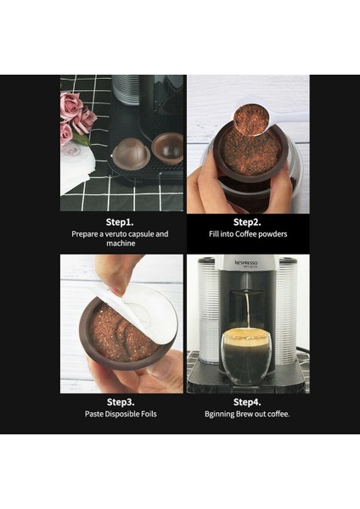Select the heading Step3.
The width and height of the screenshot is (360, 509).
pos(121,400)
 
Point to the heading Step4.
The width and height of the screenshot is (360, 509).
pos(247,400)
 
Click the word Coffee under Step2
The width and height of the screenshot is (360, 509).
pos(249,233)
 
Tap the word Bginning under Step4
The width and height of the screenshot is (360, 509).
pos(224,414)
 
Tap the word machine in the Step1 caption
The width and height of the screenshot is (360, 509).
pos(121,244)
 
